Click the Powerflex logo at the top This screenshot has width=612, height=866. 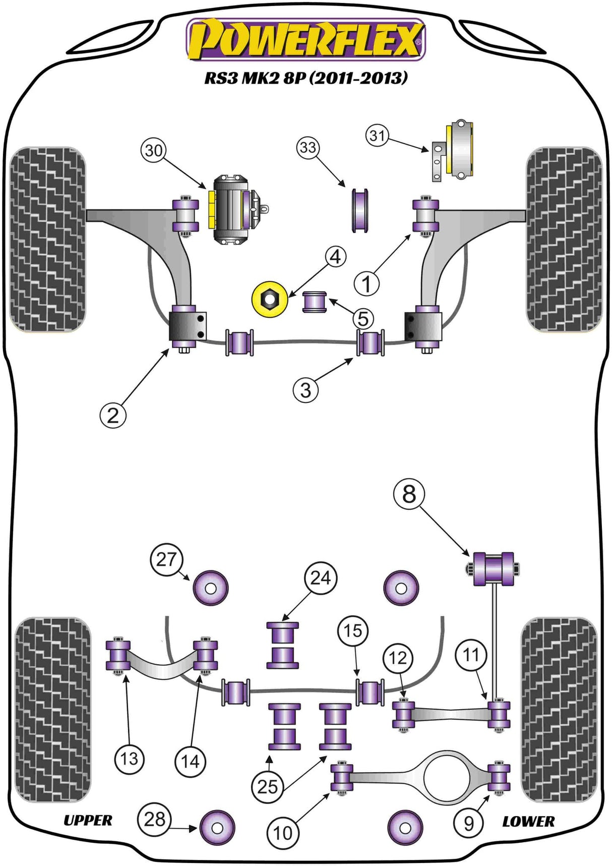[x=306, y=39]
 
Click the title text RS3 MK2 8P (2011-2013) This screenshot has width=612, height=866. [x=305, y=78]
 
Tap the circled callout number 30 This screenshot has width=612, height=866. [x=154, y=150]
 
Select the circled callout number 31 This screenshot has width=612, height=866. [x=377, y=135]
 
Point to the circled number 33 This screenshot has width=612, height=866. [x=308, y=147]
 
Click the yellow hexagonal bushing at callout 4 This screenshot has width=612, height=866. [x=270, y=300]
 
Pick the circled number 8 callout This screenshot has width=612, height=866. [x=409, y=494]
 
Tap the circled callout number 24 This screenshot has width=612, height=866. [x=321, y=578]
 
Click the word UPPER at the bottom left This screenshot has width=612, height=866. [x=88, y=821]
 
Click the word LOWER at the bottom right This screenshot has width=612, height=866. [x=528, y=822]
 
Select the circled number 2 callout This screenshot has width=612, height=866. [x=112, y=416]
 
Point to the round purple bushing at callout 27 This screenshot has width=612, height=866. [x=211, y=588]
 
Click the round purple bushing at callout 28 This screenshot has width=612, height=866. [x=217, y=828]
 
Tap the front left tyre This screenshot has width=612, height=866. [x=48, y=240]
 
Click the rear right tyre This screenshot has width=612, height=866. [x=558, y=710]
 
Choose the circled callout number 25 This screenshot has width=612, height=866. [x=267, y=786]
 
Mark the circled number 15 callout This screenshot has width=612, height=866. [x=352, y=630]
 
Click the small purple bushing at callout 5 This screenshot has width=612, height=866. [x=315, y=302]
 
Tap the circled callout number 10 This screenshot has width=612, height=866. [x=282, y=833]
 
